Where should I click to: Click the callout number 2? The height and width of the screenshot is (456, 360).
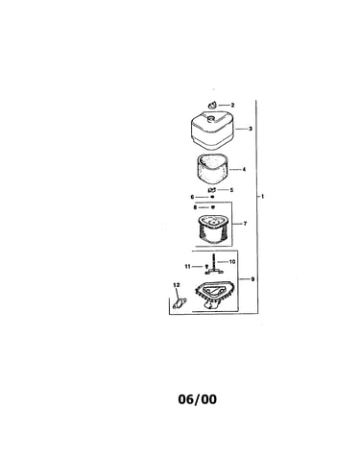tap(232, 105)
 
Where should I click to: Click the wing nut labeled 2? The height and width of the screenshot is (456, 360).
tap(212, 105)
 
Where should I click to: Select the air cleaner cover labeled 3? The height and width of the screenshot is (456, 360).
tap(213, 131)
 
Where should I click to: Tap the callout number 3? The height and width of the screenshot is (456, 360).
tap(251, 129)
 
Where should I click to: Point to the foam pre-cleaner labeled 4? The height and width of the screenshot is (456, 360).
tap(211, 169)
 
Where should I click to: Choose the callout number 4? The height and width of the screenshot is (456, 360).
tap(244, 169)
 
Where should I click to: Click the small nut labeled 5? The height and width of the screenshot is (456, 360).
tap(212, 190)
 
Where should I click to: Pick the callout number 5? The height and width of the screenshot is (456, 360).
tap(231, 190)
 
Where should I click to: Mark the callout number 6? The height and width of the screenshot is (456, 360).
tap(192, 197)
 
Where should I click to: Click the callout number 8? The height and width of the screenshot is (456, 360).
tap(195, 207)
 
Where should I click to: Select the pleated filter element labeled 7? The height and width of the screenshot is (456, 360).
tap(212, 229)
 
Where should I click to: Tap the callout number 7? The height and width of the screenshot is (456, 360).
tap(245, 224)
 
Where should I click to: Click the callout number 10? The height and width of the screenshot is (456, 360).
tap(232, 261)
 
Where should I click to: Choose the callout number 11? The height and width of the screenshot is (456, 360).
tap(188, 266)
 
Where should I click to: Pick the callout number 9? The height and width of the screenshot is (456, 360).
tap(252, 279)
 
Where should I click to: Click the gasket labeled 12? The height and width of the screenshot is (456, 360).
tap(180, 302)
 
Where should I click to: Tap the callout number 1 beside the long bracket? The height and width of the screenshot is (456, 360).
tap(263, 196)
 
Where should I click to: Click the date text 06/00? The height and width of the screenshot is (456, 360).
tap(197, 399)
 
